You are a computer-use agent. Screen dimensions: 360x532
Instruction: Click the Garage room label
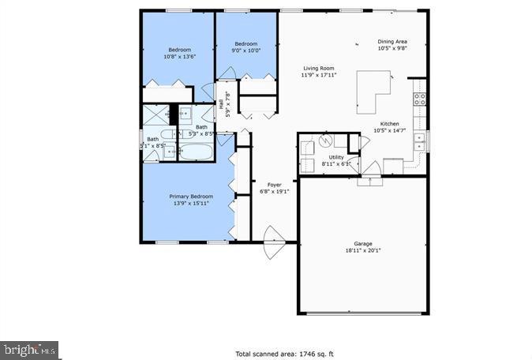362,244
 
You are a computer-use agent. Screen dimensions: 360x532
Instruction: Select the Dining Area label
392,41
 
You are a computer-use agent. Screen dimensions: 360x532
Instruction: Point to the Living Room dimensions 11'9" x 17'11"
319,76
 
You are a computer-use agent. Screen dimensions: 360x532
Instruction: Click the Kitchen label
389,124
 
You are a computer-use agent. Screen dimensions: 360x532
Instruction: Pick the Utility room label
335,157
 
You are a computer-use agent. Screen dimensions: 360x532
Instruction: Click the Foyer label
274,185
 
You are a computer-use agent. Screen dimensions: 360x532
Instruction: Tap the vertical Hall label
222,103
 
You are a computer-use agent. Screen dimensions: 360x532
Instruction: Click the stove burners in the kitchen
420,99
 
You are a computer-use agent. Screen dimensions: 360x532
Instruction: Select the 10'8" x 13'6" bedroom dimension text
179,57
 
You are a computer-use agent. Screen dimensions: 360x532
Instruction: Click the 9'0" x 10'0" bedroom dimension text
245,51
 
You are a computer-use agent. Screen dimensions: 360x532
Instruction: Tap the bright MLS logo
29,347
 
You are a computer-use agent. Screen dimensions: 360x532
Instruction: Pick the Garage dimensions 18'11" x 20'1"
362,251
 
